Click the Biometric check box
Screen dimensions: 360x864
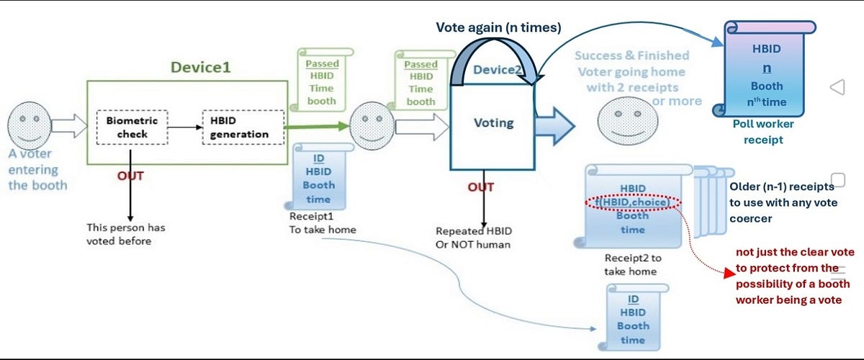[x=132, y=127]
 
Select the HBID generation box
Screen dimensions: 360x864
[x=239, y=127]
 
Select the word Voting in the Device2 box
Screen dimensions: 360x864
[x=493, y=122]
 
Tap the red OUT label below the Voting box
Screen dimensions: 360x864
[x=481, y=187]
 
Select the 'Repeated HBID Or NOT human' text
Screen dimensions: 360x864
[x=473, y=238]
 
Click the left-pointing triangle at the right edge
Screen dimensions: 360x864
[x=837, y=87]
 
